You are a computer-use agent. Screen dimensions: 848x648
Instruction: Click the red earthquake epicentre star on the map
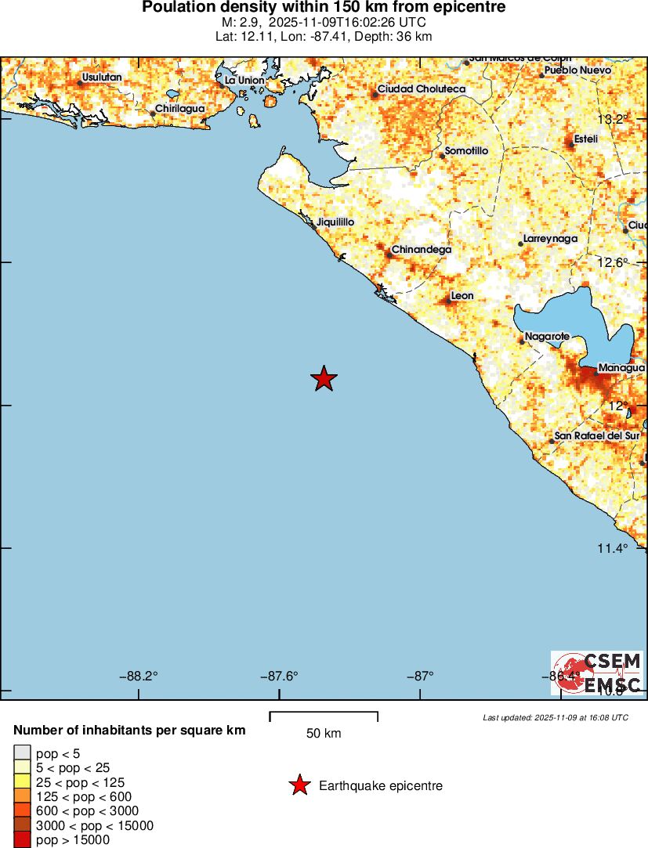324,378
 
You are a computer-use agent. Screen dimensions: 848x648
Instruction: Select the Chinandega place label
421,250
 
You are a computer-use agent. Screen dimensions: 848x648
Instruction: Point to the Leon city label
462,296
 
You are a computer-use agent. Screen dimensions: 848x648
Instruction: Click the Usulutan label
102,77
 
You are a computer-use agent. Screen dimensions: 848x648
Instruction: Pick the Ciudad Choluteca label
421,89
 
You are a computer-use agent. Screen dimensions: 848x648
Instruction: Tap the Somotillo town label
466,150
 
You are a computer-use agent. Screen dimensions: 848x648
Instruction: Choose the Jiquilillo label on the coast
335,222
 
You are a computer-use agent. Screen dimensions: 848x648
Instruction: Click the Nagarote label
547,336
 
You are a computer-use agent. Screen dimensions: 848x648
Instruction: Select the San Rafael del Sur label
596,435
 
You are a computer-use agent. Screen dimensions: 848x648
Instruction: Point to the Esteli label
585,139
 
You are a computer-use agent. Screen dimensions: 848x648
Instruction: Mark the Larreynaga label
550,238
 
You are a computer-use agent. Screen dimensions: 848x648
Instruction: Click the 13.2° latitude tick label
613,120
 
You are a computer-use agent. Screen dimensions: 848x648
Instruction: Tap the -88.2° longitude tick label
139,677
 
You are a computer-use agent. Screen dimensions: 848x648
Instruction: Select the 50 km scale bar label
324,734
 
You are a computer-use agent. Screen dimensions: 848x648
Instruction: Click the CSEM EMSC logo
597,673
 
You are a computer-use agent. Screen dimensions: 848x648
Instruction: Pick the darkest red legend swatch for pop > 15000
21,839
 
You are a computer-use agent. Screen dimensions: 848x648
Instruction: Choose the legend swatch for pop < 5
21,753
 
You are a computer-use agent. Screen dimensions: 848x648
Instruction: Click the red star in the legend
299,785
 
